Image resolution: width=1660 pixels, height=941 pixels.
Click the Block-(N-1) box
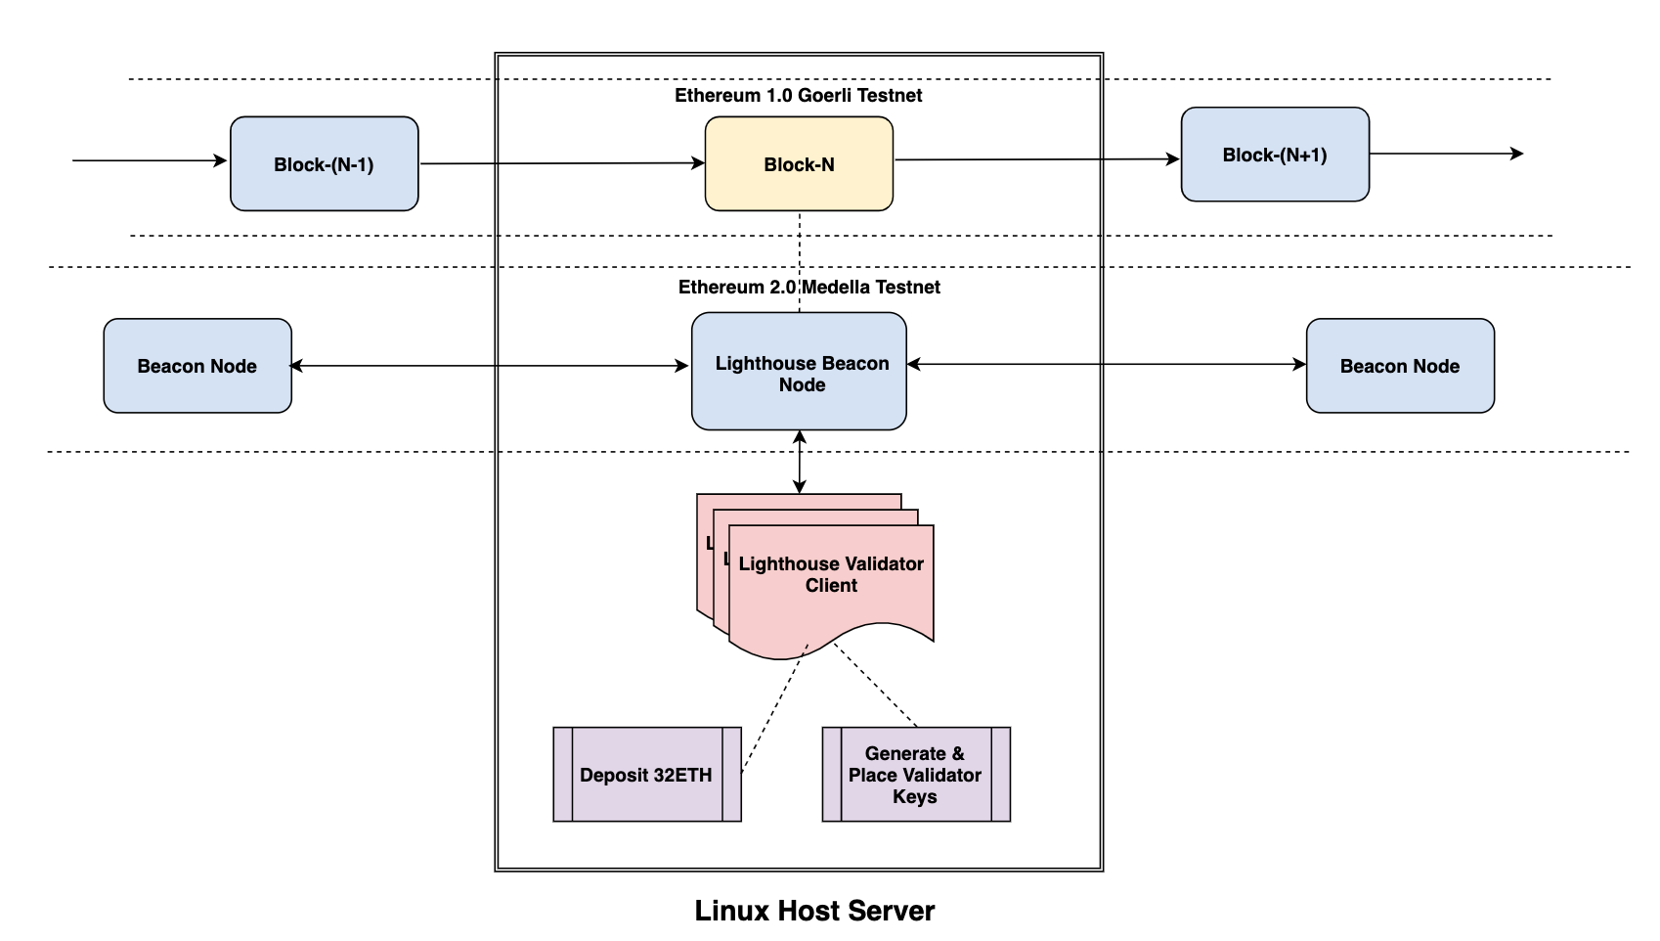(324, 163)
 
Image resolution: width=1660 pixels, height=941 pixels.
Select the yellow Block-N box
(799, 163)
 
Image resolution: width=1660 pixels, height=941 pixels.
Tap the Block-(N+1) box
(1275, 155)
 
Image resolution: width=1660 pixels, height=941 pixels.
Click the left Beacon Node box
(197, 366)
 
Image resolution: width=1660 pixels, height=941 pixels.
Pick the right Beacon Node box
(1400, 366)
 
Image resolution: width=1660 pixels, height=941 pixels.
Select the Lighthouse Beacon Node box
(799, 372)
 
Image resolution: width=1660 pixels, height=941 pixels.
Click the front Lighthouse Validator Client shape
(831, 577)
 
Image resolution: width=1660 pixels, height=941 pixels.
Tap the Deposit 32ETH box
(646, 775)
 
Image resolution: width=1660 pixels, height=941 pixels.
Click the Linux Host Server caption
(814, 911)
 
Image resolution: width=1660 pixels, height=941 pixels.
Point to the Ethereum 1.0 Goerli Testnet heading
(798, 95)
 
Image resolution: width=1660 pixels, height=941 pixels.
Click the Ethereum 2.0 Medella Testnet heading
(808, 287)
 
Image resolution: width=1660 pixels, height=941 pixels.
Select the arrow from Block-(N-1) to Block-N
(562, 163)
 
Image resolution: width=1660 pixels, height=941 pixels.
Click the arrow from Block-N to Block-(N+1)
(1036, 159)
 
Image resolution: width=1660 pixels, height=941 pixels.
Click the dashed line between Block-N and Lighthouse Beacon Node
(800, 260)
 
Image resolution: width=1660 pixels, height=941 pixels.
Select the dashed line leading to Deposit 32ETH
(773, 711)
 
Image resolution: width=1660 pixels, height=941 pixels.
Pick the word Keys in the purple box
(914, 796)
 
